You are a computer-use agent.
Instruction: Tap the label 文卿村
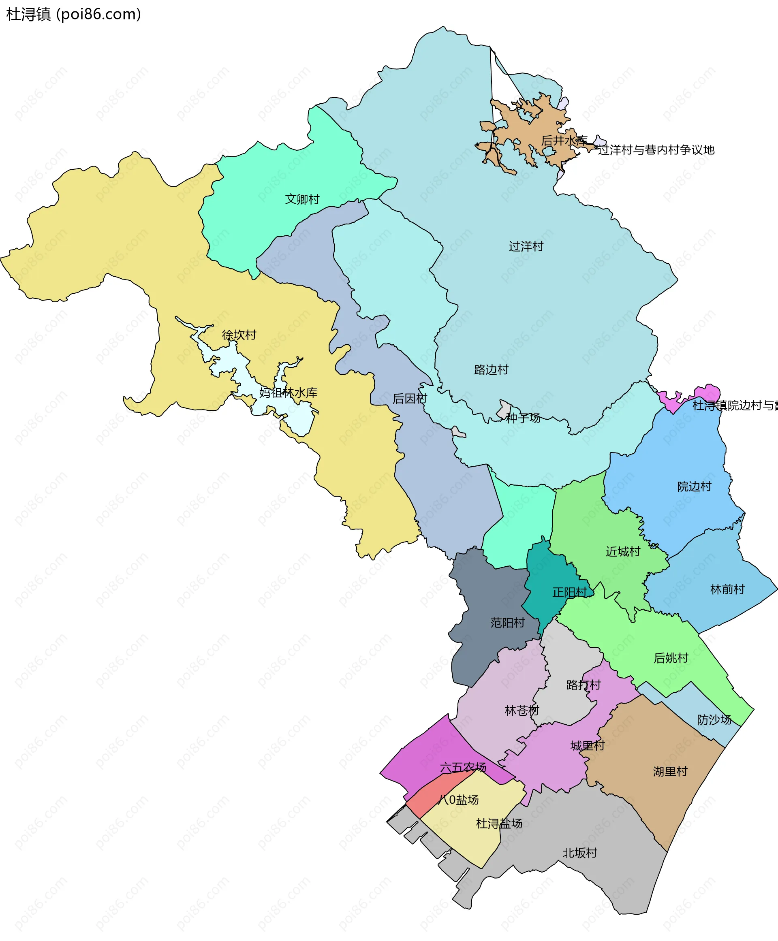coord(302,199)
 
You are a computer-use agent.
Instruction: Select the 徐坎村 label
coord(239,335)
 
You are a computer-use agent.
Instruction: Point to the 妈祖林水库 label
coord(288,393)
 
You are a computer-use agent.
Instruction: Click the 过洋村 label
coord(526,246)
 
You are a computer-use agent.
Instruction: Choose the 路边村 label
coord(491,370)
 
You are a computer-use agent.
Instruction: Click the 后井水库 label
coord(564,140)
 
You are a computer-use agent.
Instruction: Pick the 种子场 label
coord(523,418)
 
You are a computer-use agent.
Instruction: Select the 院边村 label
coord(694,486)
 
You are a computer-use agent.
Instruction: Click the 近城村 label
coord(623,551)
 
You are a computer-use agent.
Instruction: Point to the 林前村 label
coord(727,589)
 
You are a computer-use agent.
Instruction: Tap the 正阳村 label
coord(569,592)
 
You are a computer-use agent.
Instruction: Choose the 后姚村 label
coord(671,658)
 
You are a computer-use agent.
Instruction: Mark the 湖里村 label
coord(670,771)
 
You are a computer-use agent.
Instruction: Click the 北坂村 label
coord(580,853)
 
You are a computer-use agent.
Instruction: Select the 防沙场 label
coord(714,720)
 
